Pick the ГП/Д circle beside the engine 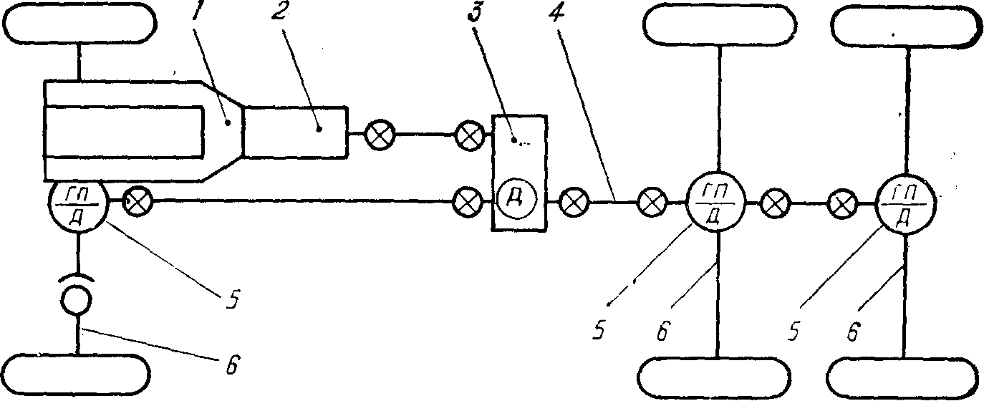(x=79, y=204)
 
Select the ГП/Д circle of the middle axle (x=715, y=204)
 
